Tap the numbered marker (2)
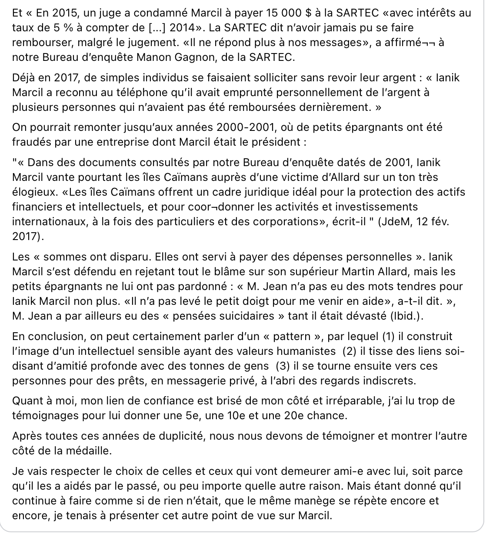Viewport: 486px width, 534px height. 350,351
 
